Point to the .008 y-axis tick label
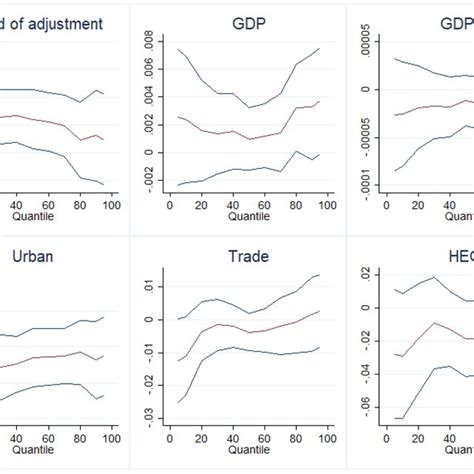147,41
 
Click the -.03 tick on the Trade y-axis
147,414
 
